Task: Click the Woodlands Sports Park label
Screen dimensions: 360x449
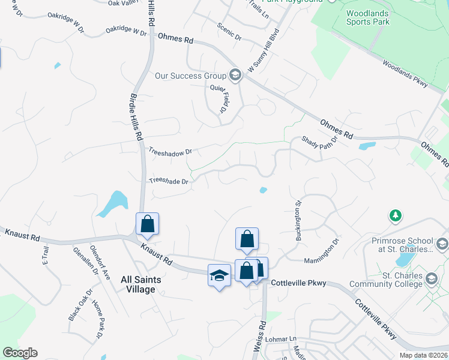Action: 368,17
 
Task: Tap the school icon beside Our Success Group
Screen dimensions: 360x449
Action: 235,75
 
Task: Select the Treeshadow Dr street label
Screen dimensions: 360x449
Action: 170,152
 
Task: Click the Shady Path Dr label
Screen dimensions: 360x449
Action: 319,143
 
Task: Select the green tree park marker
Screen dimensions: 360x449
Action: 395,215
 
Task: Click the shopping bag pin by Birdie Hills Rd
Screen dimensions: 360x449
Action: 147,224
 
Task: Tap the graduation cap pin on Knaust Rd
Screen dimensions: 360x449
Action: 219,275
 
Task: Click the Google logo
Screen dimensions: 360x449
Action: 20,353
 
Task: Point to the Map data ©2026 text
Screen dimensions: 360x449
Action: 423,355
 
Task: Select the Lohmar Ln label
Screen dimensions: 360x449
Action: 285,339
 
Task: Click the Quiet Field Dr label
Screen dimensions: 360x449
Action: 218,98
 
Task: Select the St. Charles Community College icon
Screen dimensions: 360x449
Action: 431,279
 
